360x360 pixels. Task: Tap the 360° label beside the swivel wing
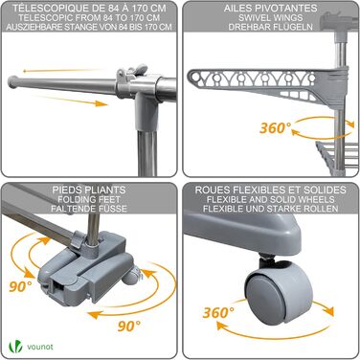click(276, 128)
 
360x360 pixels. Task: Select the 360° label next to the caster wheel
click(218, 312)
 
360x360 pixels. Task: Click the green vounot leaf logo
click(15, 347)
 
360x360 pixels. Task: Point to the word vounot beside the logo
click(40, 347)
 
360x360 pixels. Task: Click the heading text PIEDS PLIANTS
click(89, 190)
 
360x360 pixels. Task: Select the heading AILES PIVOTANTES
click(271, 9)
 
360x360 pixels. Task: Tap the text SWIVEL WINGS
click(271, 18)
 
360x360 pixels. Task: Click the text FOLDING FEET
click(89, 200)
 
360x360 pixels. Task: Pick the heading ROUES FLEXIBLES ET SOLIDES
click(271, 190)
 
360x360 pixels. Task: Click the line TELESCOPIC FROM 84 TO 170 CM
click(89, 18)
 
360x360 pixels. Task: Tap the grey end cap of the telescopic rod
click(12, 81)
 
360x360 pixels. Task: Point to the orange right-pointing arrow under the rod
click(71, 101)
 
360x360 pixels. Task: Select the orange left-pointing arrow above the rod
click(62, 70)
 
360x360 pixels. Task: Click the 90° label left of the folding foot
click(20, 286)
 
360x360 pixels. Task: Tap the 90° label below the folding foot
click(129, 326)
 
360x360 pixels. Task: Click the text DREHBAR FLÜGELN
click(271, 27)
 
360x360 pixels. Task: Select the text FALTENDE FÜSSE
click(89, 209)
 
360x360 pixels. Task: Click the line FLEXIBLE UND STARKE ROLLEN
click(271, 209)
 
